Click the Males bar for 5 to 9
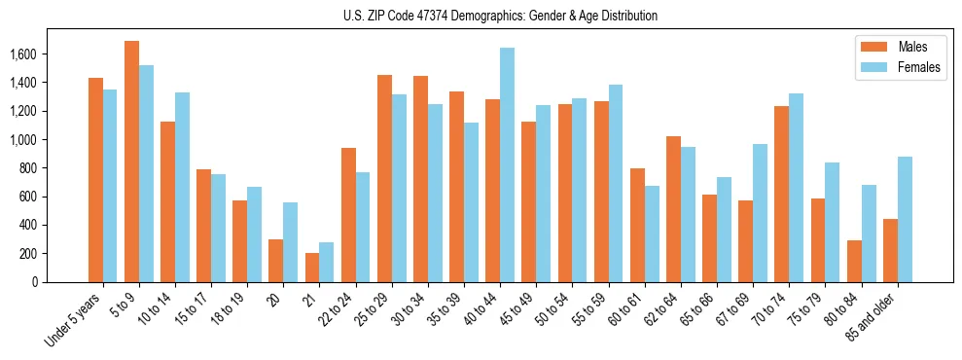coord(131,162)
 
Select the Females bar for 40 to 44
coord(507,164)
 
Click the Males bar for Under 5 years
coord(95,180)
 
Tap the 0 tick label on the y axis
coord(61,282)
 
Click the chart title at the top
coord(500,16)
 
